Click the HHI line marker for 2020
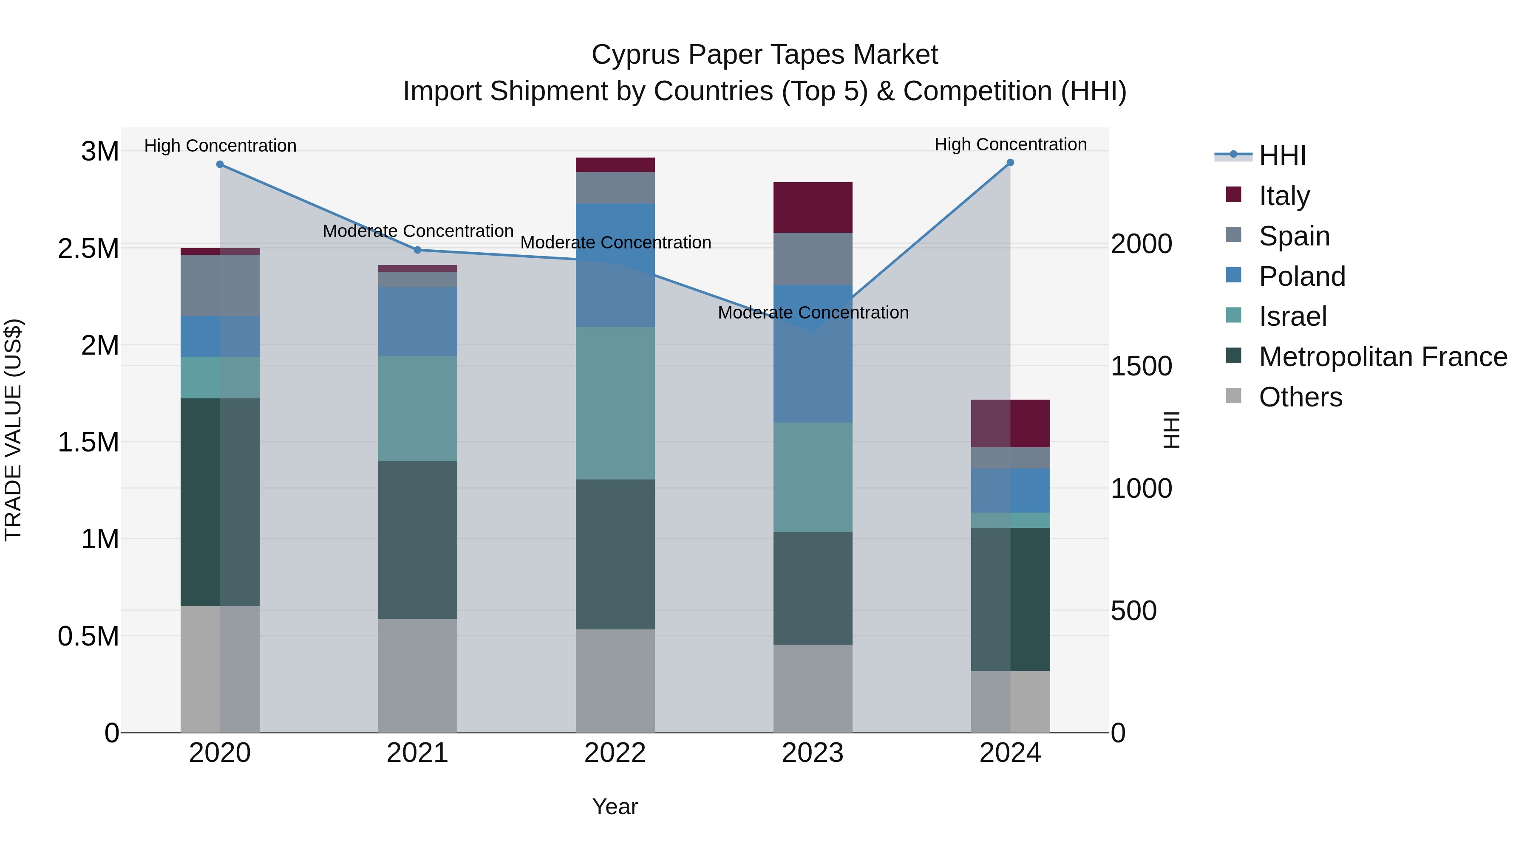pos(220,164)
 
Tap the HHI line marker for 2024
pos(1010,163)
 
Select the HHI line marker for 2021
pos(417,250)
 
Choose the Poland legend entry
pos(1301,276)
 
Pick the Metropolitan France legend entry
pos(1382,357)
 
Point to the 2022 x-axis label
pos(615,753)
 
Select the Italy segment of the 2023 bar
pos(813,207)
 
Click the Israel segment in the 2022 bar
pos(615,403)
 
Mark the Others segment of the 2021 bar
pos(417,675)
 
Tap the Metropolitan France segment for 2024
pos(1010,599)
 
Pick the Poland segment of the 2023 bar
pos(813,354)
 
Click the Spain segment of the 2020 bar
pos(220,285)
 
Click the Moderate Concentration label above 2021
pos(417,231)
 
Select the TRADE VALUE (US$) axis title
pos(13,430)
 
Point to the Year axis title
pos(615,806)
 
